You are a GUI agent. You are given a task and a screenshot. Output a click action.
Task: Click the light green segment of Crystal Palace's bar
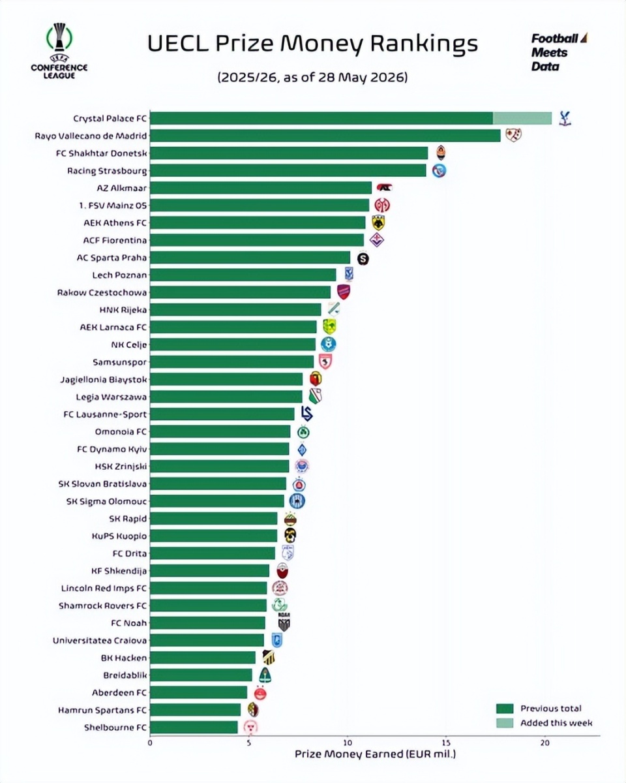(x=522, y=118)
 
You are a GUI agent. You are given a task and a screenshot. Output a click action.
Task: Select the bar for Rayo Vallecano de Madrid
(x=325, y=136)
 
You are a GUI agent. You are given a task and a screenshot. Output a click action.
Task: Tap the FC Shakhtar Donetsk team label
(x=102, y=153)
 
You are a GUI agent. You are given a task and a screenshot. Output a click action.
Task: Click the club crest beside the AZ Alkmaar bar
(x=384, y=188)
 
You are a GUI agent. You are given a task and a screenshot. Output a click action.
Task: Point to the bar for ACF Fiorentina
(x=257, y=240)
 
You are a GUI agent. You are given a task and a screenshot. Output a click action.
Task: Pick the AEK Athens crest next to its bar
(x=378, y=223)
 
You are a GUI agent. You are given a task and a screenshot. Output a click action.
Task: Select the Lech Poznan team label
(x=120, y=275)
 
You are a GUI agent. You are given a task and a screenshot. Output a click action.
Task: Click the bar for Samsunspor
(x=231, y=362)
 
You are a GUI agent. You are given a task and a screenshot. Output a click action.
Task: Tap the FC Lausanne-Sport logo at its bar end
(x=306, y=414)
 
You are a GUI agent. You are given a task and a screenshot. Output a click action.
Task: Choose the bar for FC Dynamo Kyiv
(x=219, y=449)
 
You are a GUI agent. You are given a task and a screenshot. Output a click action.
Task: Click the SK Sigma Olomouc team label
(x=106, y=501)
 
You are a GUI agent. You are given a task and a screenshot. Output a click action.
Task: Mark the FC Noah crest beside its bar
(x=284, y=622)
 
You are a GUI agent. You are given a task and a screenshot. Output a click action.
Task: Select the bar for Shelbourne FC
(x=194, y=728)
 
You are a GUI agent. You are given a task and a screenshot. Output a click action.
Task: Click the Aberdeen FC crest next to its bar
(x=260, y=693)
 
